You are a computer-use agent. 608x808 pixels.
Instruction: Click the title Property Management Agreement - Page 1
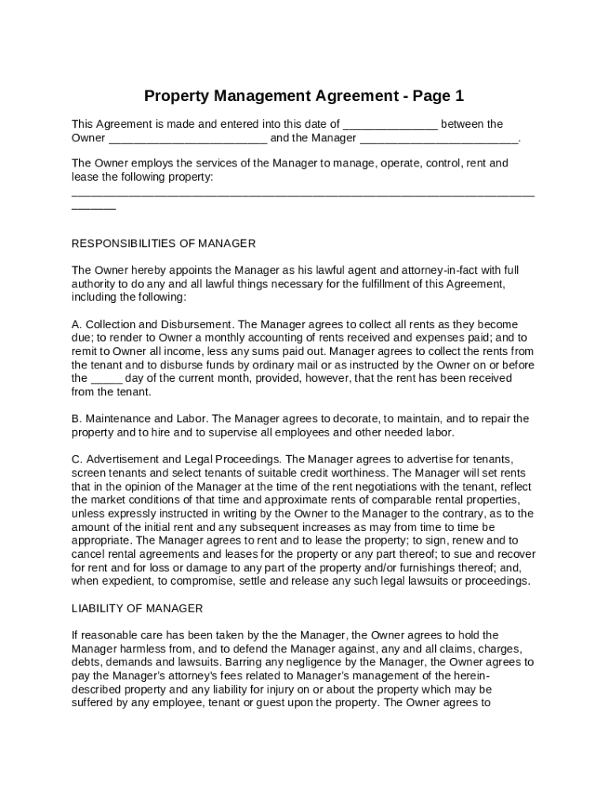304,96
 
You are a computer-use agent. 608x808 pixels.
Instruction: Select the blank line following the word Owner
188,140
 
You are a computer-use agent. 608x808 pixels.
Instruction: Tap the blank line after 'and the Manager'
439,140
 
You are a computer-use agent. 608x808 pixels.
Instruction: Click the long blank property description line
303,193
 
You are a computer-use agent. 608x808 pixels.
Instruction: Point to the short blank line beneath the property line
93,208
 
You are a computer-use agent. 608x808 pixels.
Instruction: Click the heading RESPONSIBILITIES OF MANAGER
163,243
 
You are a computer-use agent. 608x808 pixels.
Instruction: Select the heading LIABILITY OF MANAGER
137,608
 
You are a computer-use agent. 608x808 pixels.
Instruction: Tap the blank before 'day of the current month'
107,380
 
